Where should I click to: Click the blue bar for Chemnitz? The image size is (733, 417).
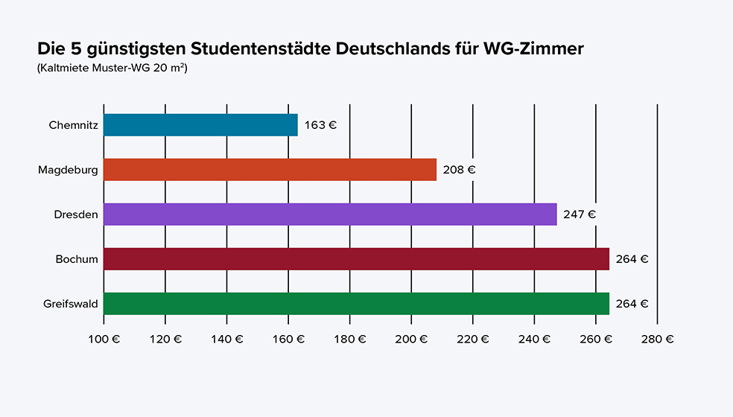(x=200, y=125)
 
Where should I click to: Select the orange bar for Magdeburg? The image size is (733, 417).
(x=270, y=170)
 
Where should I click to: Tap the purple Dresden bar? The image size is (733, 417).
(x=330, y=214)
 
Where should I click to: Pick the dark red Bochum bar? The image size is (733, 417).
(x=356, y=259)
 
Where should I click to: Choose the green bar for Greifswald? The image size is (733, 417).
(x=356, y=304)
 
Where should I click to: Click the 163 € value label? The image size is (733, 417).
(x=320, y=125)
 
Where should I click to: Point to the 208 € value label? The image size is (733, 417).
(x=459, y=170)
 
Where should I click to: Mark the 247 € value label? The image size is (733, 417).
(x=580, y=214)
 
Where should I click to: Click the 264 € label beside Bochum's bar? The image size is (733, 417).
(x=632, y=259)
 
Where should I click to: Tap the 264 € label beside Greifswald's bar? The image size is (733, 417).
(x=632, y=304)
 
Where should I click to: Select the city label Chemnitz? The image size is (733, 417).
(x=73, y=125)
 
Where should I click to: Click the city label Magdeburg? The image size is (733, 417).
(x=68, y=170)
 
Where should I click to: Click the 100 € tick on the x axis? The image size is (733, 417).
(x=104, y=339)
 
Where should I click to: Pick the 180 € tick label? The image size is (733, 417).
(x=350, y=339)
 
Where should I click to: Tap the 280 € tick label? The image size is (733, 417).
(x=657, y=339)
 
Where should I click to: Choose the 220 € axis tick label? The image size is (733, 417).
(x=473, y=339)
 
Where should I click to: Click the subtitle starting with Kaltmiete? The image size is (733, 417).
(x=112, y=69)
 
